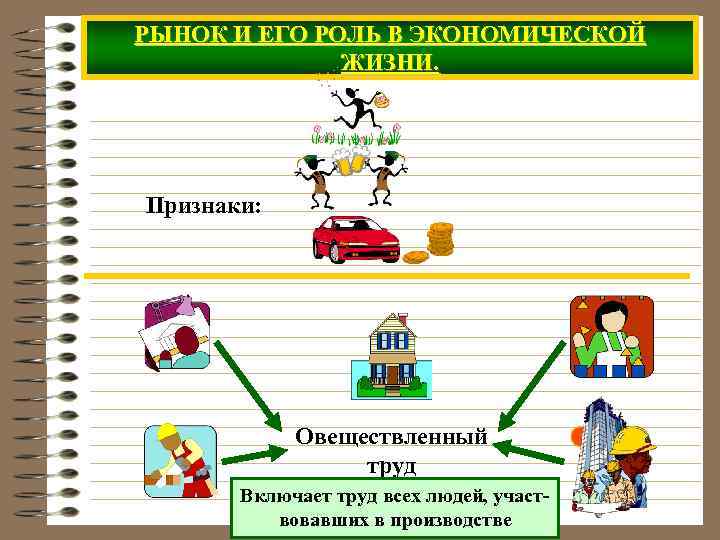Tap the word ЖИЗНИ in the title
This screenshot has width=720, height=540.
click(x=388, y=63)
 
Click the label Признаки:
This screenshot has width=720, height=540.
click(x=204, y=206)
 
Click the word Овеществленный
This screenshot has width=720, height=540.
click(x=391, y=437)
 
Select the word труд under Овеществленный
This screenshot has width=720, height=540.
click(x=391, y=466)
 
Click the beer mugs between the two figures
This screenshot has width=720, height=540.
click(x=346, y=163)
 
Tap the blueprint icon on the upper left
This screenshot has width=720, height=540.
click(x=177, y=333)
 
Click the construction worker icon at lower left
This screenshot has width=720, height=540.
click(x=179, y=461)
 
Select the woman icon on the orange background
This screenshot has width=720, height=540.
click(x=611, y=336)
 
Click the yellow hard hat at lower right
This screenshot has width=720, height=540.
click(x=632, y=441)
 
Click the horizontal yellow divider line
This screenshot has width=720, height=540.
click(x=386, y=276)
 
